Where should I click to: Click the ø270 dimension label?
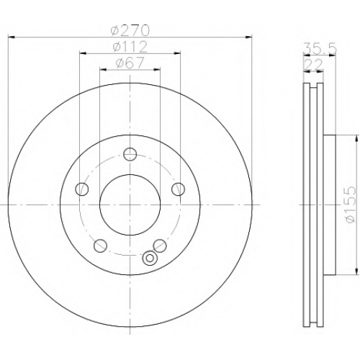click(x=130, y=31)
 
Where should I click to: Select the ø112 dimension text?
click(x=130, y=47)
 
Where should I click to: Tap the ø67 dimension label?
click(x=130, y=63)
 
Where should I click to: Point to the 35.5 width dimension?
click(x=320, y=49)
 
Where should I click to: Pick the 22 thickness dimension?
click(x=313, y=65)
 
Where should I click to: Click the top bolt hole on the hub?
click(x=130, y=154)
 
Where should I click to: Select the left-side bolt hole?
click(x=82, y=189)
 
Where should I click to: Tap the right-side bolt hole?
click(x=179, y=189)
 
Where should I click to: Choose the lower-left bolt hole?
click(x=100, y=246)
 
